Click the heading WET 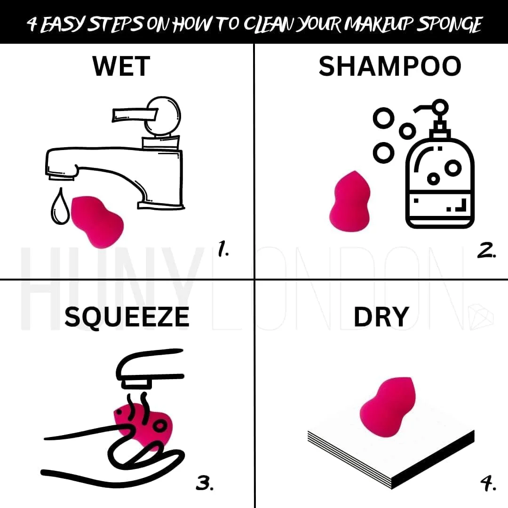[121, 66]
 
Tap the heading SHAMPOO [390, 66]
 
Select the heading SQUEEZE [127, 317]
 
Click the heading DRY [381, 317]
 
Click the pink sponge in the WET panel [96, 221]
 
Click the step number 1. [223, 249]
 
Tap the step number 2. [486, 250]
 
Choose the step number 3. [205, 483]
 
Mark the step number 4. [488, 483]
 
